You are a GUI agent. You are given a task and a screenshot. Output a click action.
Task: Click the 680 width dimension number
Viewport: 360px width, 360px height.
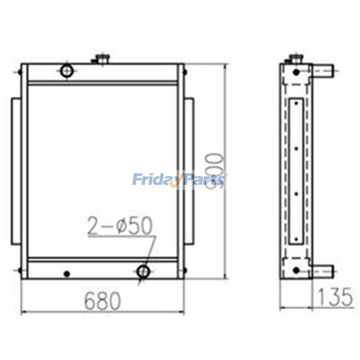coord(102,300)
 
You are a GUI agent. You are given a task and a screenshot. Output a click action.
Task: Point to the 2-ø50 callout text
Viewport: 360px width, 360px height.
coord(120,227)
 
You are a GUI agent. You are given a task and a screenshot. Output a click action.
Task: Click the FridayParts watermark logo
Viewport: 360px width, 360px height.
coord(180,180)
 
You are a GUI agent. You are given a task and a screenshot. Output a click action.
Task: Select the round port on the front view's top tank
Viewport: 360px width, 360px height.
coord(67,70)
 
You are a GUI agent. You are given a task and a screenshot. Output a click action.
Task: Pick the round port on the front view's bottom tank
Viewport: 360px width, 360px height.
coord(143,271)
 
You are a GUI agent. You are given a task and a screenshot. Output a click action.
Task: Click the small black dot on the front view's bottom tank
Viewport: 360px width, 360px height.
coord(67,273)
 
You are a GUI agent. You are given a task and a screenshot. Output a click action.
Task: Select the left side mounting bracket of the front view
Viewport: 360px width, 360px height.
coord(16,171)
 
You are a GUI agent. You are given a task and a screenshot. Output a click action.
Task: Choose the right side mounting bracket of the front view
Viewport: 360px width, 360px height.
coord(189,171)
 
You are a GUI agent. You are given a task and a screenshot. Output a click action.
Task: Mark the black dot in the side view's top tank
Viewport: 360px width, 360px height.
coord(296,72)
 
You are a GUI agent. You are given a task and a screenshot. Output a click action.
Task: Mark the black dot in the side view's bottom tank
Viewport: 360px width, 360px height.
coord(296,270)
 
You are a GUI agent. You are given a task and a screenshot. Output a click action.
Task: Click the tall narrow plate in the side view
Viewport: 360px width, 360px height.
coord(296,171)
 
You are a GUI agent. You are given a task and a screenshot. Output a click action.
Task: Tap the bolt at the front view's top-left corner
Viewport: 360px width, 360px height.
coord(20,71)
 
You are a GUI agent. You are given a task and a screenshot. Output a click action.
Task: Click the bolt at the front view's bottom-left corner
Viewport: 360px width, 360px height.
coord(20,270)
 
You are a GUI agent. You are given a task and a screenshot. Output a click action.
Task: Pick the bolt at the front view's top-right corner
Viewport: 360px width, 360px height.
coord(184,71)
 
